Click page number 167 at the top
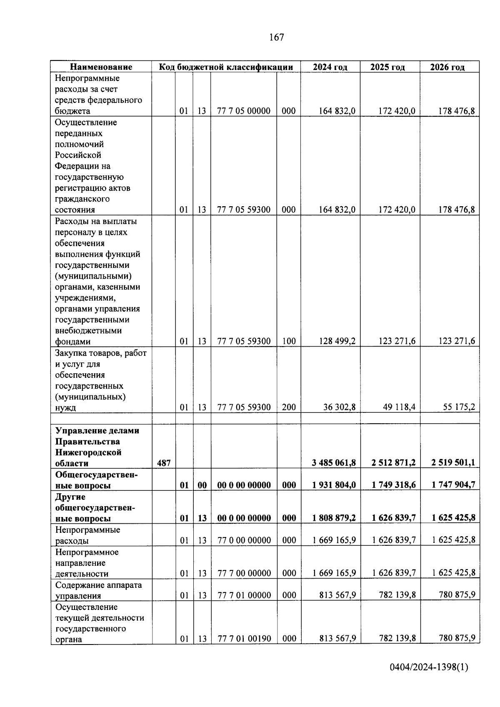(x=277, y=37)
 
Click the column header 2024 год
(x=330, y=67)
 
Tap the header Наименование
(x=101, y=67)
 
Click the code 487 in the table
(x=164, y=463)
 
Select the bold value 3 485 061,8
(x=334, y=462)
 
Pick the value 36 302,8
(x=339, y=407)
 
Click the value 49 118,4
(x=399, y=407)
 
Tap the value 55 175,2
(x=459, y=407)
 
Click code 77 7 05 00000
(x=244, y=111)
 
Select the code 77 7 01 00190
(x=244, y=638)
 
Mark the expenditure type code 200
(x=289, y=407)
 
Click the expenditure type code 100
(x=289, y=341)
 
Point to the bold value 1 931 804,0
(x=334, y=485)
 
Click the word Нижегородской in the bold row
(x=88, y=452)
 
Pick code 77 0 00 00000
(x=244, y=540)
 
